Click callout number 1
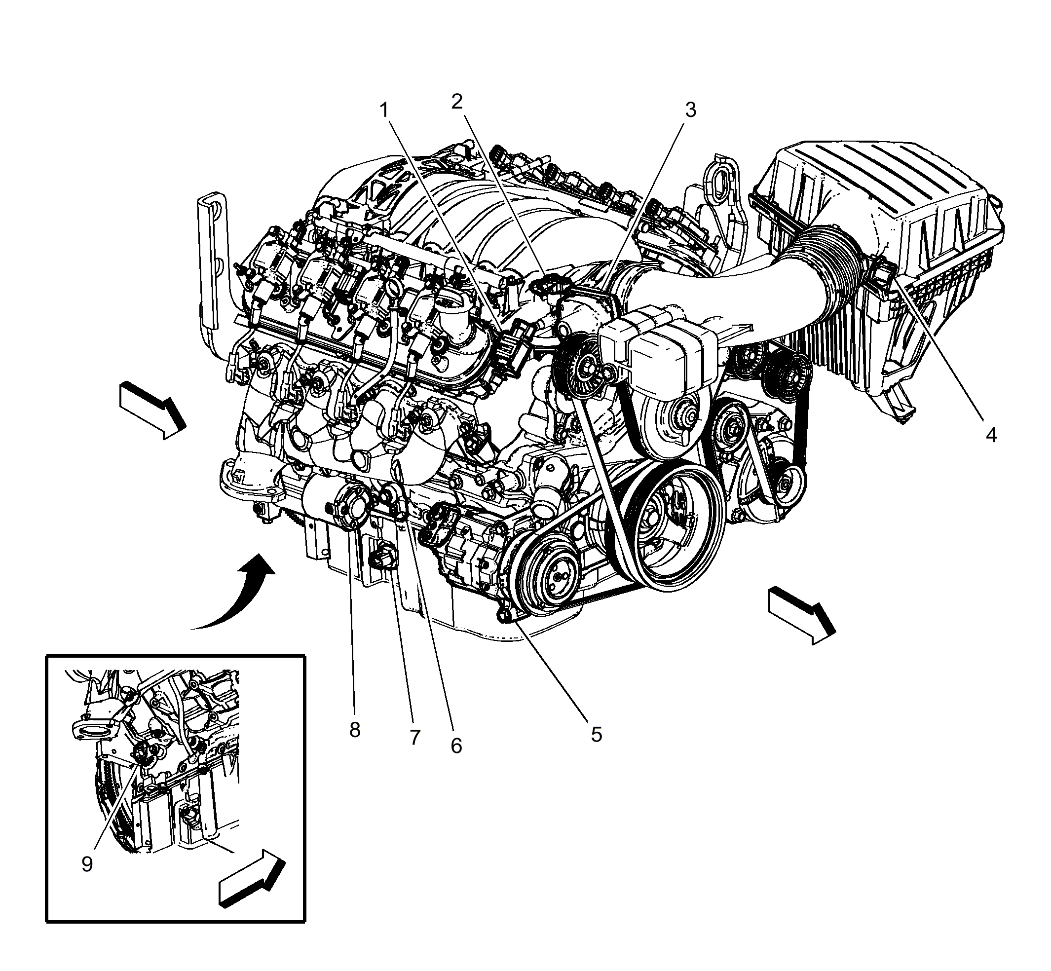click(x=385, y=111)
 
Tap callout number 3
click(x=690, y=110)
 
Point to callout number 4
click(x=991, y=435)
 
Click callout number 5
click(x=596, y=734)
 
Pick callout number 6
click(x=456, y=745)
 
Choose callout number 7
click(x=415, y=738)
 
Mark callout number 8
click(x=355, y=729)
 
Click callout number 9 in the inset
click(x=87, y=864)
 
